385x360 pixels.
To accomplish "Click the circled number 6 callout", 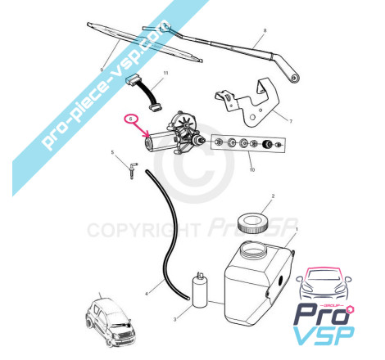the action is coord(131,119).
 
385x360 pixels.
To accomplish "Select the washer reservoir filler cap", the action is coord(252,223).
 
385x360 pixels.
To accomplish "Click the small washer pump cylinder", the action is coord(200,290).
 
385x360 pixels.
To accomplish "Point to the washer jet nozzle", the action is coord(133,170).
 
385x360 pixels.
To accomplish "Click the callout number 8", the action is coord(265,30).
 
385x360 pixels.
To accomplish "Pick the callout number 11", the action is coord(165,73).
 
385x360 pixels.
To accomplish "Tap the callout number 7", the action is coord(291,121).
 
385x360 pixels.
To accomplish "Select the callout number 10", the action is coord(252,169).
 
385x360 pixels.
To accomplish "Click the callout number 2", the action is coord(273,196).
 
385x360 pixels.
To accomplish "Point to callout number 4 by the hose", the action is coord(147,294).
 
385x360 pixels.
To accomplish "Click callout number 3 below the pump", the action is coord(174,319).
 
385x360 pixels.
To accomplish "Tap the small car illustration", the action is coord(111,322).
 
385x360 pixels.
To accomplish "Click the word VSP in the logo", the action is coord(324,335).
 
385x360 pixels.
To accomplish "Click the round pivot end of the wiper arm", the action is coord(294,78).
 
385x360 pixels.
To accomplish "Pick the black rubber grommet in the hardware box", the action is coord(267,143).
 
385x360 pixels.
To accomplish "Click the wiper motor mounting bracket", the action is coord(247,103).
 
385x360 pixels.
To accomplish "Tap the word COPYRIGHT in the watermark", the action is coord(143,231).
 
